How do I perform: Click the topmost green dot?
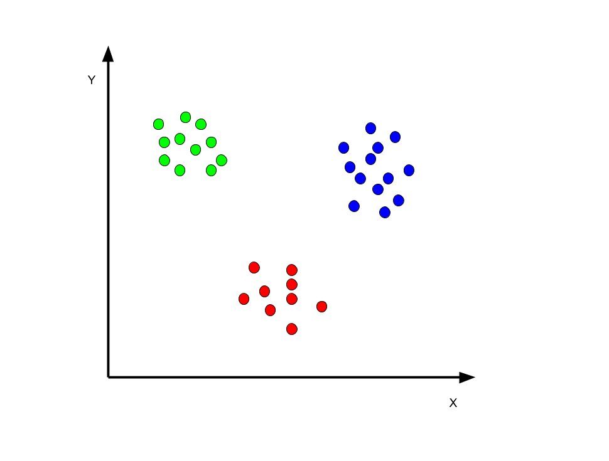pos(186,117)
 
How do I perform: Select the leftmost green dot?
pos(158,124)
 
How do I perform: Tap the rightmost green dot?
pos(222,161)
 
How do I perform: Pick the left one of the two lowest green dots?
pos(180,171)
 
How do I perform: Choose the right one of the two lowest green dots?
pos(212,171)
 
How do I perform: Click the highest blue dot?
pos(370,128)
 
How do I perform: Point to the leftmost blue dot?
pos(343,148)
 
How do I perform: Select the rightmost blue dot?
pos(409,171)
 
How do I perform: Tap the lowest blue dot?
pos(385,212)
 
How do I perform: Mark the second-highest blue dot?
pos(395,137)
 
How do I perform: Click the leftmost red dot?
pos(244,299)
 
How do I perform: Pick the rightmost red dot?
pos(321,307)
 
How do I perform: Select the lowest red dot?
pos(292,329)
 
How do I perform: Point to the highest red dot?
pos(254,267)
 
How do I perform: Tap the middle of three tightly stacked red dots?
pos(292,284)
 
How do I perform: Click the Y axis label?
pos(92,80)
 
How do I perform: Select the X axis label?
pos(453,403)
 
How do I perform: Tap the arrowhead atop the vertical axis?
pos(108,54)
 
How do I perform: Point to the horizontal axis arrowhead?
pos(467,377)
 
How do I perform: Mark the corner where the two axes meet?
pos(108,377)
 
